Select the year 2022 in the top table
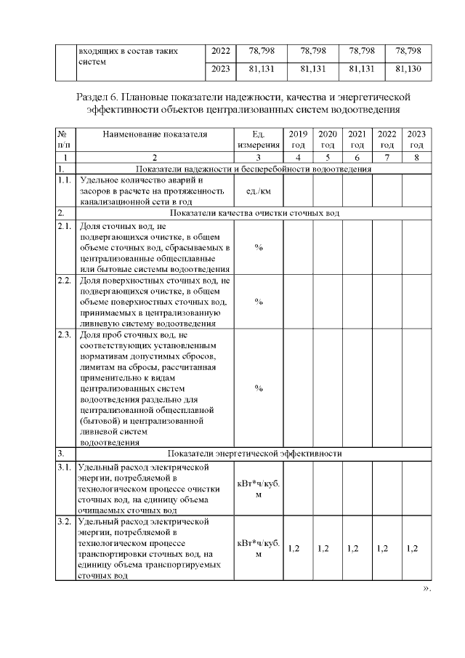click(x=221, y=52)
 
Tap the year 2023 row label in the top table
click(x=221, y=71)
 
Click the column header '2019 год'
click(x=298, y=140)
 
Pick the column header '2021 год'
click(x=357, y=140)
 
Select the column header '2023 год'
click(x=416, y=140)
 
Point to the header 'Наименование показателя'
click(x=154, y=135)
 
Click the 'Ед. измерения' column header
click(x=258, y=140)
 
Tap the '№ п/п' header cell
click(x=62, y=140)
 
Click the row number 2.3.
click(x=63, y=334)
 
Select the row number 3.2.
click(x=63, y=522)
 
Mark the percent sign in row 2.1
click(x=258, y=247)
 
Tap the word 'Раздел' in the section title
click(x=94, y=97)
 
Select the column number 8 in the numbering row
click(x=416, y=157)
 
